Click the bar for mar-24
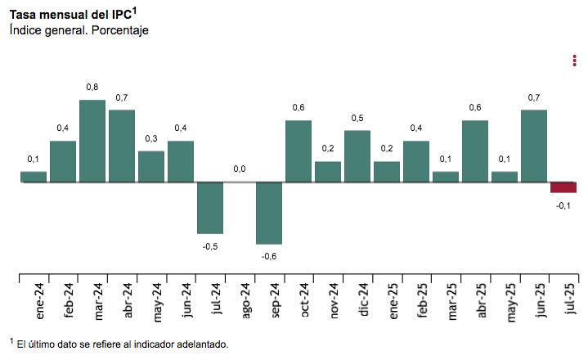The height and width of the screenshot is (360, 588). point(92,141)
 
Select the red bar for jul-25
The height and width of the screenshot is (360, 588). point(563,187)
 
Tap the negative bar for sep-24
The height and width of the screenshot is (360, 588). point(269,213)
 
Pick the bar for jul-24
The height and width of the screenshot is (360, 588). point(210,208)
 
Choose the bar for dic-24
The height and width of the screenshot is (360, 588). point(357,156)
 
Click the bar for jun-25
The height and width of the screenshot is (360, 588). point(534,146)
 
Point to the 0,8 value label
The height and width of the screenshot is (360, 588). point(92,87)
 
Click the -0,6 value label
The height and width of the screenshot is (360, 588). point(269,256)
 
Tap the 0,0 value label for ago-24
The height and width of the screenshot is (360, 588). point(240,169)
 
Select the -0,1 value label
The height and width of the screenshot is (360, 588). point(563,205)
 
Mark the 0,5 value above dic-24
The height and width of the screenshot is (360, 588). point(357,118)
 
